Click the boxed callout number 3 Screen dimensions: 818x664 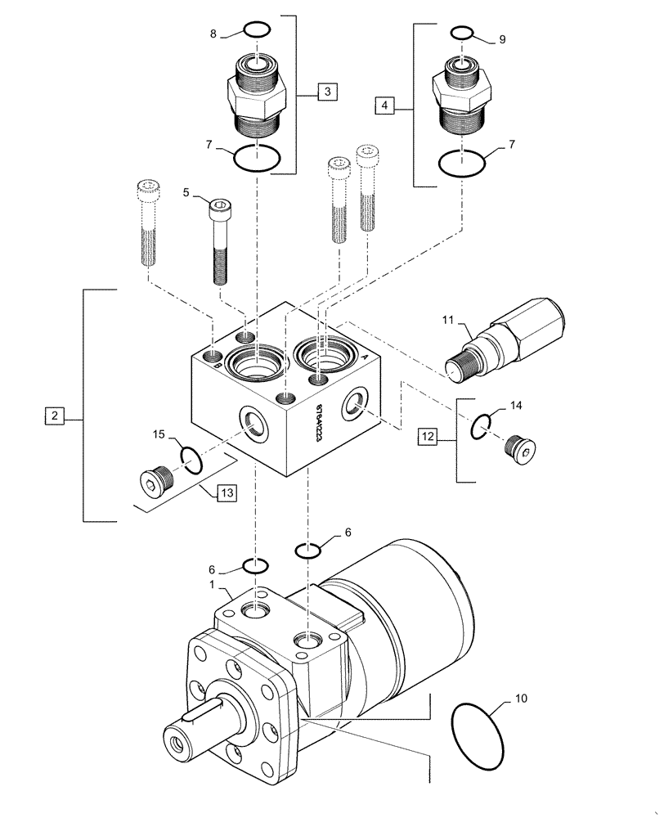tap(326, 92)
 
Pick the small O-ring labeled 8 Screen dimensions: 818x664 tap(256, 31)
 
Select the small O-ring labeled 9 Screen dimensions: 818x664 tap(462, 33)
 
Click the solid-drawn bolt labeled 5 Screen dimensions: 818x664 tap(219, 242)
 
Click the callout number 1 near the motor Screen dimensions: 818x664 tap(211, 586)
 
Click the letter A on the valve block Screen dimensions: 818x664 tap(363, 357)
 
